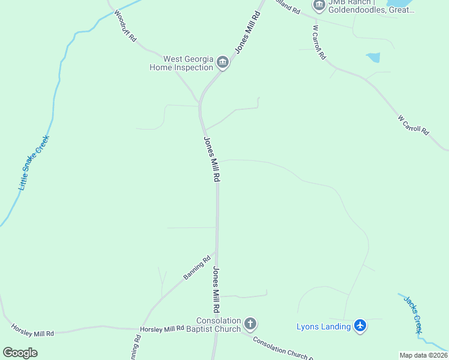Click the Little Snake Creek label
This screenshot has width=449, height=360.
[x=34, y=163]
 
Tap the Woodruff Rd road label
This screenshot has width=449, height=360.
[x=125, y=26]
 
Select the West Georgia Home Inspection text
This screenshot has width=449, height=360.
[x=181, y=63]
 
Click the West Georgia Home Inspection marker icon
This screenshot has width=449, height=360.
[x=223, y=62]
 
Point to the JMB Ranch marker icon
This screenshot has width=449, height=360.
[x=319, y=5]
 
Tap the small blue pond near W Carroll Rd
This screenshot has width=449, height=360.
[x=373, y=57]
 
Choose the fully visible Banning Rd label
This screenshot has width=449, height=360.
[x=197, y=268]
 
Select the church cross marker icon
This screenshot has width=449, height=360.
[x=250, y=325]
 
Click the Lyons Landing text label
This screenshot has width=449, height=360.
[x=324, y=326]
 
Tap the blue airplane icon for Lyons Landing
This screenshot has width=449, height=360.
[x=360, y=326]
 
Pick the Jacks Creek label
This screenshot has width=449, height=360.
[x=413, y=314]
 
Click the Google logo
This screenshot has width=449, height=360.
[x=20, y=352]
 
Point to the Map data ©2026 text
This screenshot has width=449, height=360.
[x=423, y=355]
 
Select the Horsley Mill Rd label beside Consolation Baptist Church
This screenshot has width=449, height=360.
[x=161, y=329]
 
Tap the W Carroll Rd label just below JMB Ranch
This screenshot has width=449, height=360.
[x=319, y=42]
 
